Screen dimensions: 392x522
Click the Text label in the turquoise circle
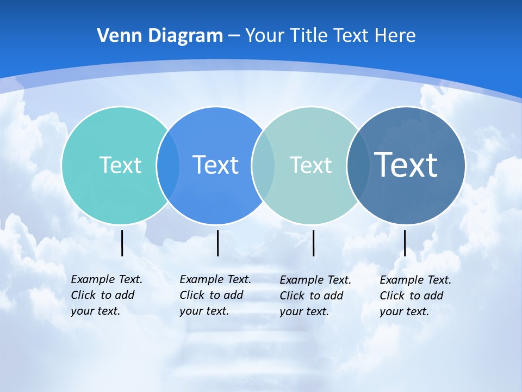click(120, 165)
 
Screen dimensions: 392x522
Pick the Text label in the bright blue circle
click(216, 165)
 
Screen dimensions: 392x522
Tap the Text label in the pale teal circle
click(310, 165)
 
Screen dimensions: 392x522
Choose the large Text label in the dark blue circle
click(406, 164)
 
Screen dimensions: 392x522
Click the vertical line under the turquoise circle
click(122, 243)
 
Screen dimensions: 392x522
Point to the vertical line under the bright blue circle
click(217, 243)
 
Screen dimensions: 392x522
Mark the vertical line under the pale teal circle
click(313, 243)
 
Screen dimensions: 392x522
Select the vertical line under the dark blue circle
click(405, 243)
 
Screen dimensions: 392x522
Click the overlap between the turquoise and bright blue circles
click(168, 165)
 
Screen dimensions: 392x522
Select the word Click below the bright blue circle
click(192, 295)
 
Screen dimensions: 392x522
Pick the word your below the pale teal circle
click(290, 312)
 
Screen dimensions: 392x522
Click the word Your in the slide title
click(264, 35)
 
